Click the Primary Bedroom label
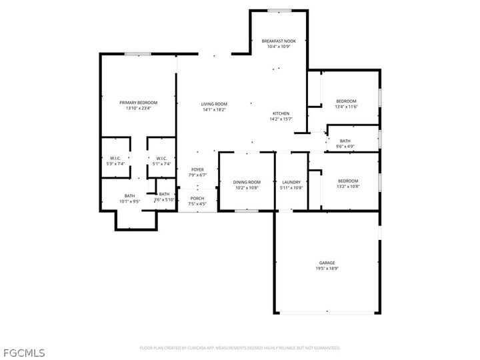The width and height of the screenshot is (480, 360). pos(138,102)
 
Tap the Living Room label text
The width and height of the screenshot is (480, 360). pos(215,104)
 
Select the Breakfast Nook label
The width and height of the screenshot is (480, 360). pos(279,41)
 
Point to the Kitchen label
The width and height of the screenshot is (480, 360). pos(281,113)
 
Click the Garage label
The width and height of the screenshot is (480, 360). pos(326,263)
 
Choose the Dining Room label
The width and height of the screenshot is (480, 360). pos(247,182)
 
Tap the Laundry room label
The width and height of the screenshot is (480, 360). pos(291,182)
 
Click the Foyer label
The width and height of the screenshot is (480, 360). pos(197,169)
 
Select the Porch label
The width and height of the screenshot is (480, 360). pos(197,198)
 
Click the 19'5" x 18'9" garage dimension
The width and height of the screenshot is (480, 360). pos(326,269)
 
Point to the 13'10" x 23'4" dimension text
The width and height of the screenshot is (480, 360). pos(138,108)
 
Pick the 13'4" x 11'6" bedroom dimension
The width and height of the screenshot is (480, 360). pos(346,107)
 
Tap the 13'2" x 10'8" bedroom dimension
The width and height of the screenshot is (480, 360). pos(347,187)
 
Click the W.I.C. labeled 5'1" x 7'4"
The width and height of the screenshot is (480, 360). pos(162,161)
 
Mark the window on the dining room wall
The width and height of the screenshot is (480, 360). pos(247,211)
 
